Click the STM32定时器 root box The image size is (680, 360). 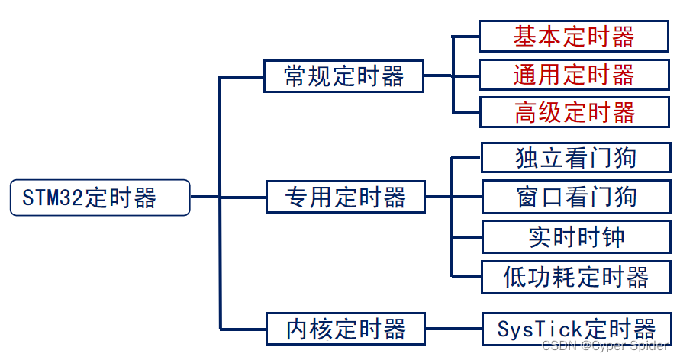click(99, 198)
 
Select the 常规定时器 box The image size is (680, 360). click(343, 76)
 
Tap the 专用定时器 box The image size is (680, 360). click(345, 198)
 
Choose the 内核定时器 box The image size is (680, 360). click(345, 329)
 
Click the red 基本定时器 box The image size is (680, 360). click(574, 36)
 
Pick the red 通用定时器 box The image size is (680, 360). click(574, 75)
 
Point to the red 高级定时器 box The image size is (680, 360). click(574, 113)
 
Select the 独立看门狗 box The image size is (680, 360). click(575, 158)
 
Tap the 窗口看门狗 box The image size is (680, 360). click(575, 198)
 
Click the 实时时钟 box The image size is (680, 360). click(575, 236)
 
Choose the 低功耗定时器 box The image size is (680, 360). click(575, 276)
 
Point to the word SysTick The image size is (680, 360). click(540, 329)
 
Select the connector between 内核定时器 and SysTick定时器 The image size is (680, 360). click(453, 329)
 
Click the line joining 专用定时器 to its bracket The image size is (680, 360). click(439, 198)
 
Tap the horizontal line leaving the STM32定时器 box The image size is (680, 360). click(204, 198)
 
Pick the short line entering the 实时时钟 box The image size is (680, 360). click(467, 236)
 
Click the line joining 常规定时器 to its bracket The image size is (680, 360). click(439, 76)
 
